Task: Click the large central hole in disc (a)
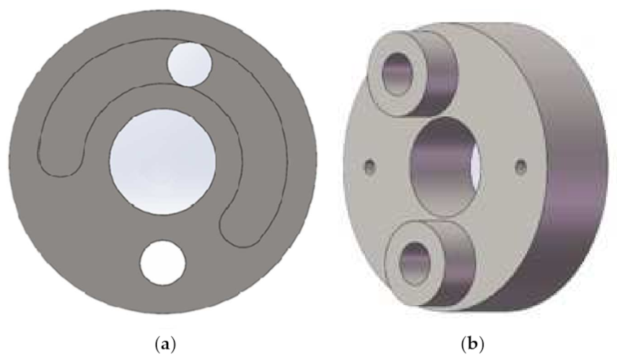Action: (162, 162)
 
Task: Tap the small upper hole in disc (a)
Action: (189, 64)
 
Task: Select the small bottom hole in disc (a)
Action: (162, 263)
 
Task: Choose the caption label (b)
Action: (472, 344)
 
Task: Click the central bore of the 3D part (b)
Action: (445, 166)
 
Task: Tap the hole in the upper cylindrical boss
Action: (398, 74)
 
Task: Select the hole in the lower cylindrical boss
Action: (416, 263)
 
